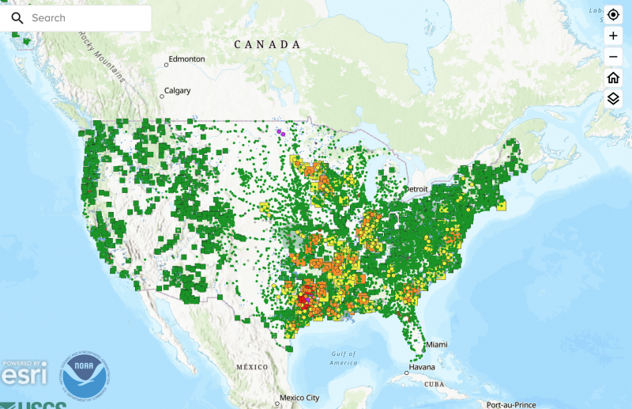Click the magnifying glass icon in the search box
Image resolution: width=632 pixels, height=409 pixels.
click(17, 17)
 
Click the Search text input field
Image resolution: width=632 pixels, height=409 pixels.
click(87, 17)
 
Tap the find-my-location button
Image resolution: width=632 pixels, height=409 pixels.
click(613, 15)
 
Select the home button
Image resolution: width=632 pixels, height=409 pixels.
click(613, 78)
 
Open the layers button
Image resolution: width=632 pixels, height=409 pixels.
click(613, 98)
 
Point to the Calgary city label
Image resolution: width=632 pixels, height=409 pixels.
click(177, 91)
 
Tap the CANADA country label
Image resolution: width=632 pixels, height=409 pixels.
click(267, 45)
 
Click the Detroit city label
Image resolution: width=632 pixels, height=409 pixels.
click(415, 189)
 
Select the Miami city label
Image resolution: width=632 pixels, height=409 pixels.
click(437, 346)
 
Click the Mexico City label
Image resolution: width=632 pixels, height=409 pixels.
click(301, 398)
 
